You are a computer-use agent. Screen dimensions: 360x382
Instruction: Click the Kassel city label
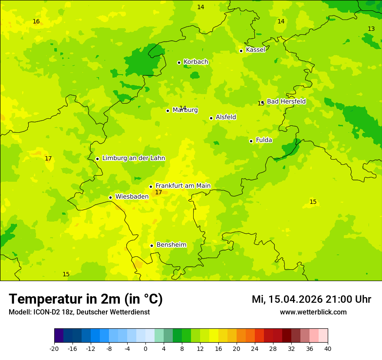pyautogui.click(x=255, y=50)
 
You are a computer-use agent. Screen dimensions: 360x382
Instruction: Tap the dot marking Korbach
pyautogui.click(x=179, y=62)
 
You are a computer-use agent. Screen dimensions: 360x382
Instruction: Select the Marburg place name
pyautogui.click(x=185, y=110)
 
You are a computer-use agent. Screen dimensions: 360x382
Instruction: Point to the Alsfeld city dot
pyautogui.click(x=211, y=118)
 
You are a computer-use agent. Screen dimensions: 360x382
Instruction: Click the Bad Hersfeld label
pyautogui.click(x=286, y=101)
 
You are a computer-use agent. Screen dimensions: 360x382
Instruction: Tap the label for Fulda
pyautogui.click(x=264, y=140)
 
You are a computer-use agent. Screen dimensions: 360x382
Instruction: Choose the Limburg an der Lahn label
pyautogui.click(x=133, y=158)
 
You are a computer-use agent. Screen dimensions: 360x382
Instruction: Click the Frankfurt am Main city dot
pyautogui.click(x=151, y=187)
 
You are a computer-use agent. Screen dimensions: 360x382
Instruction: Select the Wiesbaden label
pyautogui.click(x=132, y=196)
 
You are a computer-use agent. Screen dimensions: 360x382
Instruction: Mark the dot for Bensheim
pyautogui.click(x=151, y=245)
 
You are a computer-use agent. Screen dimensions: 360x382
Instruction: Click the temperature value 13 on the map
pyautogui.click(x=371, y=29)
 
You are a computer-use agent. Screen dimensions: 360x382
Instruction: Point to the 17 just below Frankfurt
pyautogui.click(x=158, y=192)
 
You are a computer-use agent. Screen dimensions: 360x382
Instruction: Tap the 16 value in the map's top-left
pyautogui.click(x=36, y=21)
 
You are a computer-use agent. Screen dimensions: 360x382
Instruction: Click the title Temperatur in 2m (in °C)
pyautogui.click(x=86, y=299)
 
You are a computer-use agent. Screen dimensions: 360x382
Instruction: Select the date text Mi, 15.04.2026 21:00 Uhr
pyautogui.click(x=311, y=299)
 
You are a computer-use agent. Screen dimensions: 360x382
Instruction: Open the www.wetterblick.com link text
pyautogui.click(x=313, y=312)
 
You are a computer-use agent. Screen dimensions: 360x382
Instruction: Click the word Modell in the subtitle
pyautogui.click(x=19, y=312)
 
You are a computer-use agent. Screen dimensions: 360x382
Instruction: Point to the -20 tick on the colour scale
pyautogui.click(x=54, y=348)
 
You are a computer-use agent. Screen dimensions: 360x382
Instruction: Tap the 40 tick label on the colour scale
pyautogui.click(x=328, y=348)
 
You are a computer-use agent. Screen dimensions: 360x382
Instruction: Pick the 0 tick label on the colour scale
pyautogui.click(x=145, y=348)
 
